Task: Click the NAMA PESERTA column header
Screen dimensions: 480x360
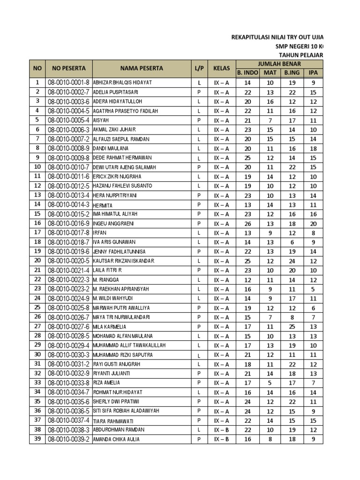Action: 141,68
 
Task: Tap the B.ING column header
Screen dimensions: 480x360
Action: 292,73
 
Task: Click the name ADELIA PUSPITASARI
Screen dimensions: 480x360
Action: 119,92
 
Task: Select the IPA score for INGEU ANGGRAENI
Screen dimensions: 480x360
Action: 313,224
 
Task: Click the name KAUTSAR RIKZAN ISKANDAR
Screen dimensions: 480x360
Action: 124,261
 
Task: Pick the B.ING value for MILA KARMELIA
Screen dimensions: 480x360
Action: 292,327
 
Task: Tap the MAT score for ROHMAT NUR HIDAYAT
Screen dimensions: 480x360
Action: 270,392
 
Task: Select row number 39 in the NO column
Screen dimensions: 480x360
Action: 37,439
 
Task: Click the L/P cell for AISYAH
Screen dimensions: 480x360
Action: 198,120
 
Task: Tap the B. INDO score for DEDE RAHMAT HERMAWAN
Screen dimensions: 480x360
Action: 248,158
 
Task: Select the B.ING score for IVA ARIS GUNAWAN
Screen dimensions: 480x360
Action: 292,242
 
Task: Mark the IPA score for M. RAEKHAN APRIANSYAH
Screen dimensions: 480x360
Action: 313,289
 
